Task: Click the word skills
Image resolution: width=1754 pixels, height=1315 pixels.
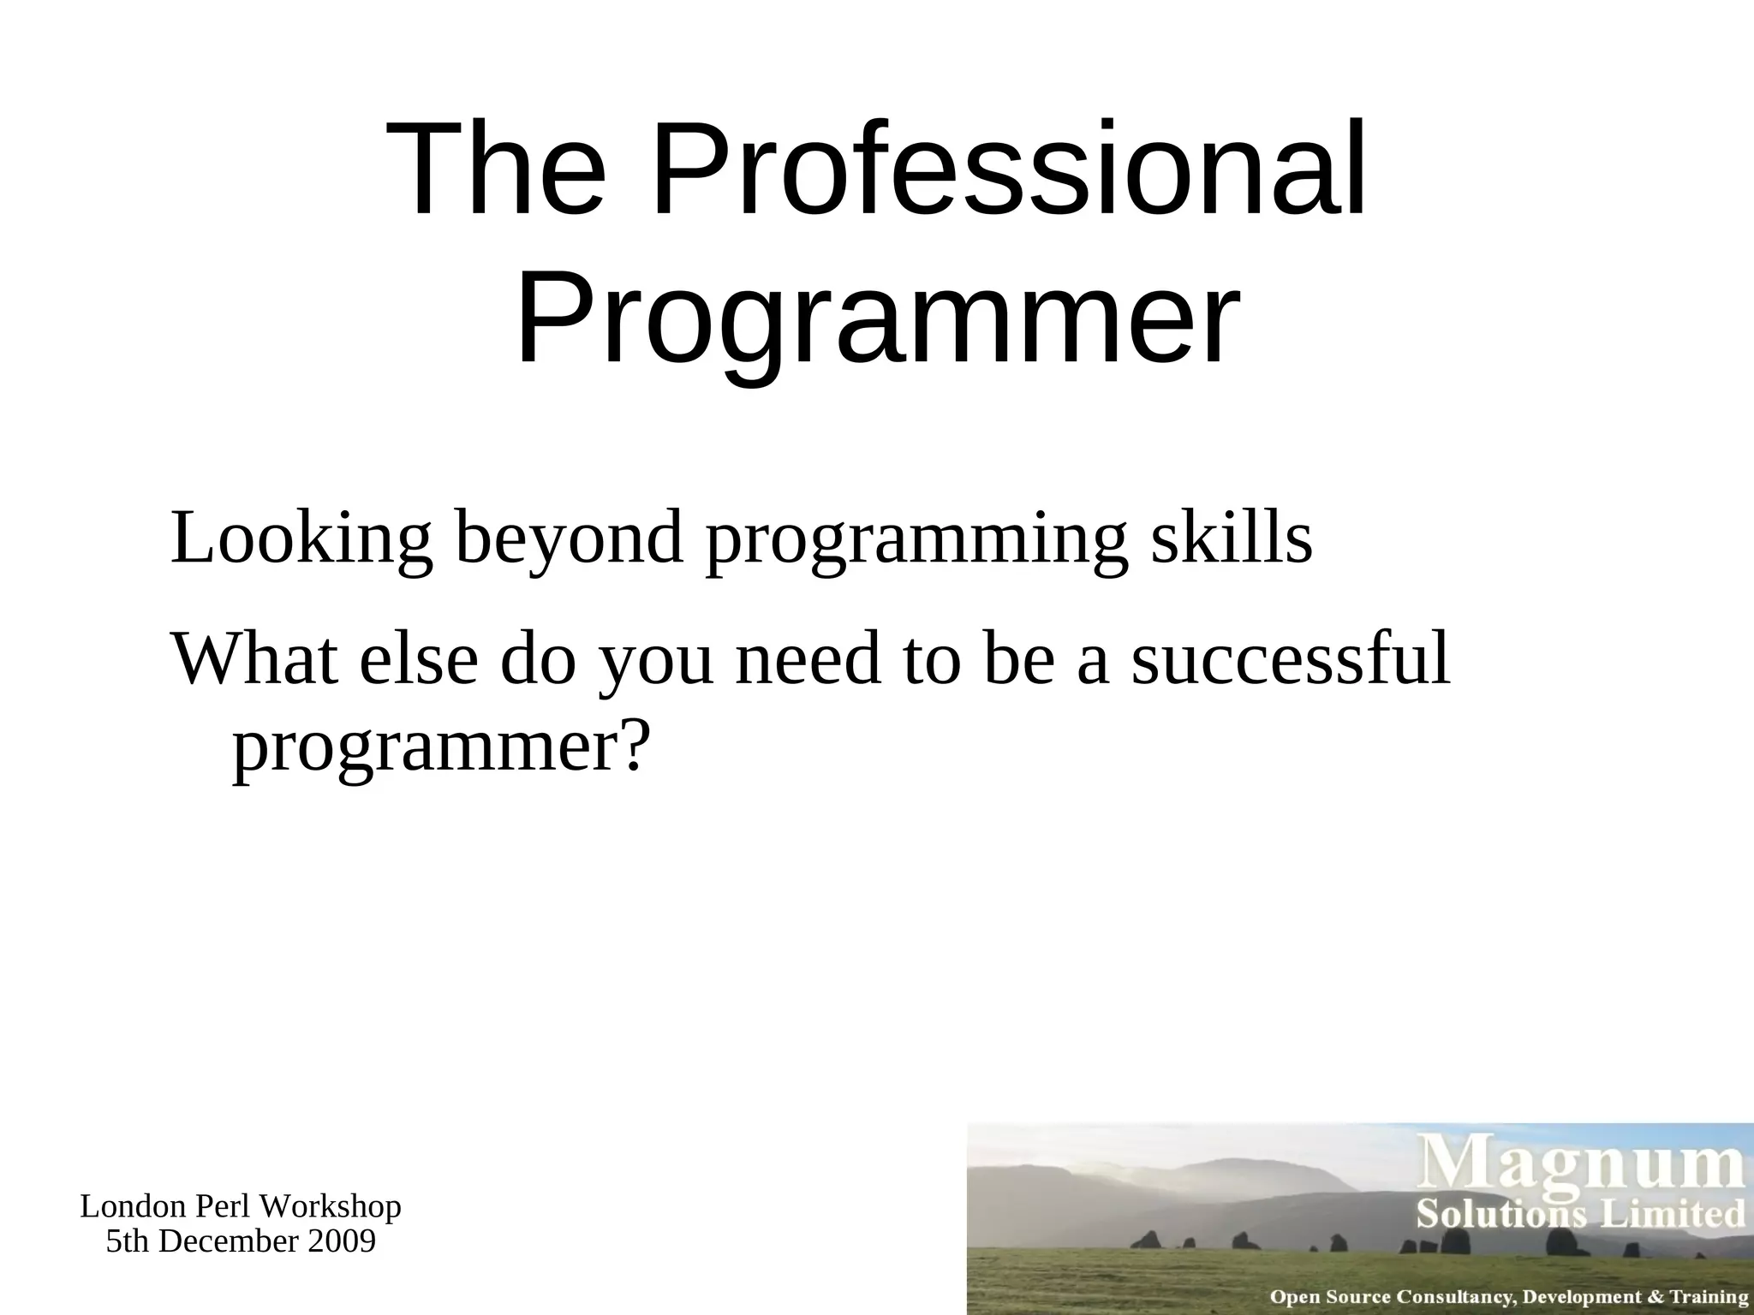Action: pyautogui.click(x=1232, y=538)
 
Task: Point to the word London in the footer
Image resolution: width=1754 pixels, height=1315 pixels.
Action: pyautogui.click(x=133, y=1207)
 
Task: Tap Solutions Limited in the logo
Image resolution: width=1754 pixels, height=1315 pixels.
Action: pyautogui.click(x=1581, y=1215)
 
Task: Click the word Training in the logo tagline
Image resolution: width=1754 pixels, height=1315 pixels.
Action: pyautogui.click(x=1709, y=1298)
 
